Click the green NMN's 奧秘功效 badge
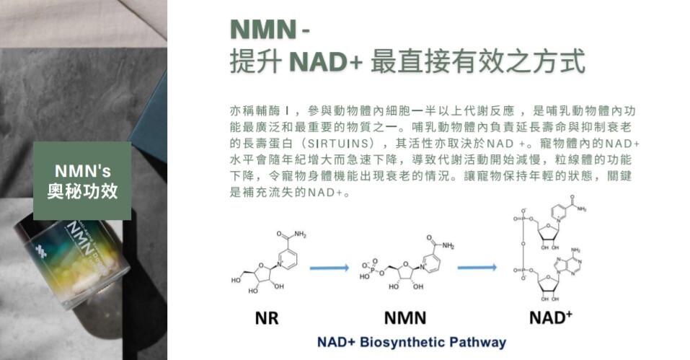tap(82, 180)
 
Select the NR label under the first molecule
tap(267, 318)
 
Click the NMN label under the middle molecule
tap(404, 318)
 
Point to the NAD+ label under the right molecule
tap(550, 317)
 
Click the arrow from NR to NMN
tap(329, 268)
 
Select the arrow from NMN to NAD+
tap(477, 268)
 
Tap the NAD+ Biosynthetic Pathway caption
tap(412, 342)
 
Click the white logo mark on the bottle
tap(43, 250)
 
